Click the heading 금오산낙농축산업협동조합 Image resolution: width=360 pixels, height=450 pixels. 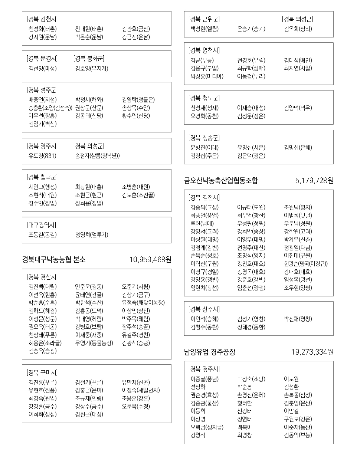[221, 181]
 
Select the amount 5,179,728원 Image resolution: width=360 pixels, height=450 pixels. [314, 181]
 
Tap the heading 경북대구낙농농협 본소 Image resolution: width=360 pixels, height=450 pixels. [54, 260]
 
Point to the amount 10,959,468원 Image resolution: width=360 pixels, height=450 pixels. [150, 260]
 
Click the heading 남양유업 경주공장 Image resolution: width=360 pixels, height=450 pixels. [210, 352]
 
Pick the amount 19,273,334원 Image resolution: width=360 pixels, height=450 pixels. [312, 352]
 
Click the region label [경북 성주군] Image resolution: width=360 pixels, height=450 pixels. [42, 90]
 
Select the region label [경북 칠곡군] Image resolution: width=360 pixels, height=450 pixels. [42, 177]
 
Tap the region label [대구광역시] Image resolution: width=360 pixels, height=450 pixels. [41, 225]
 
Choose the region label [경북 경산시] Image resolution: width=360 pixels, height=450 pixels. [42, 277]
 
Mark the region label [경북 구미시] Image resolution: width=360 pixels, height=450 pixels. [42, 372]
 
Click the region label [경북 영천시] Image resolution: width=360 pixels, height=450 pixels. [204, 50]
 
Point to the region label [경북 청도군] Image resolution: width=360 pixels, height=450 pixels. [204, 98]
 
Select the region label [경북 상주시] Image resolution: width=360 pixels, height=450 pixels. [204, 309]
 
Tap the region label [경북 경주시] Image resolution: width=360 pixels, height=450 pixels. [204, 369]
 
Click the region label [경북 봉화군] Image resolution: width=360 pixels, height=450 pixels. [89, 59]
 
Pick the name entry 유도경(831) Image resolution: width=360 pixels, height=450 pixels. [42, 156]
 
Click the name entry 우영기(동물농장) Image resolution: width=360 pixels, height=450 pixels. [94, 343]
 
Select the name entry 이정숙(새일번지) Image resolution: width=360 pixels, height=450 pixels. [141, 390]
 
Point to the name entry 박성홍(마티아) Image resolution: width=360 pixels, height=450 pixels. [207, 76]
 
